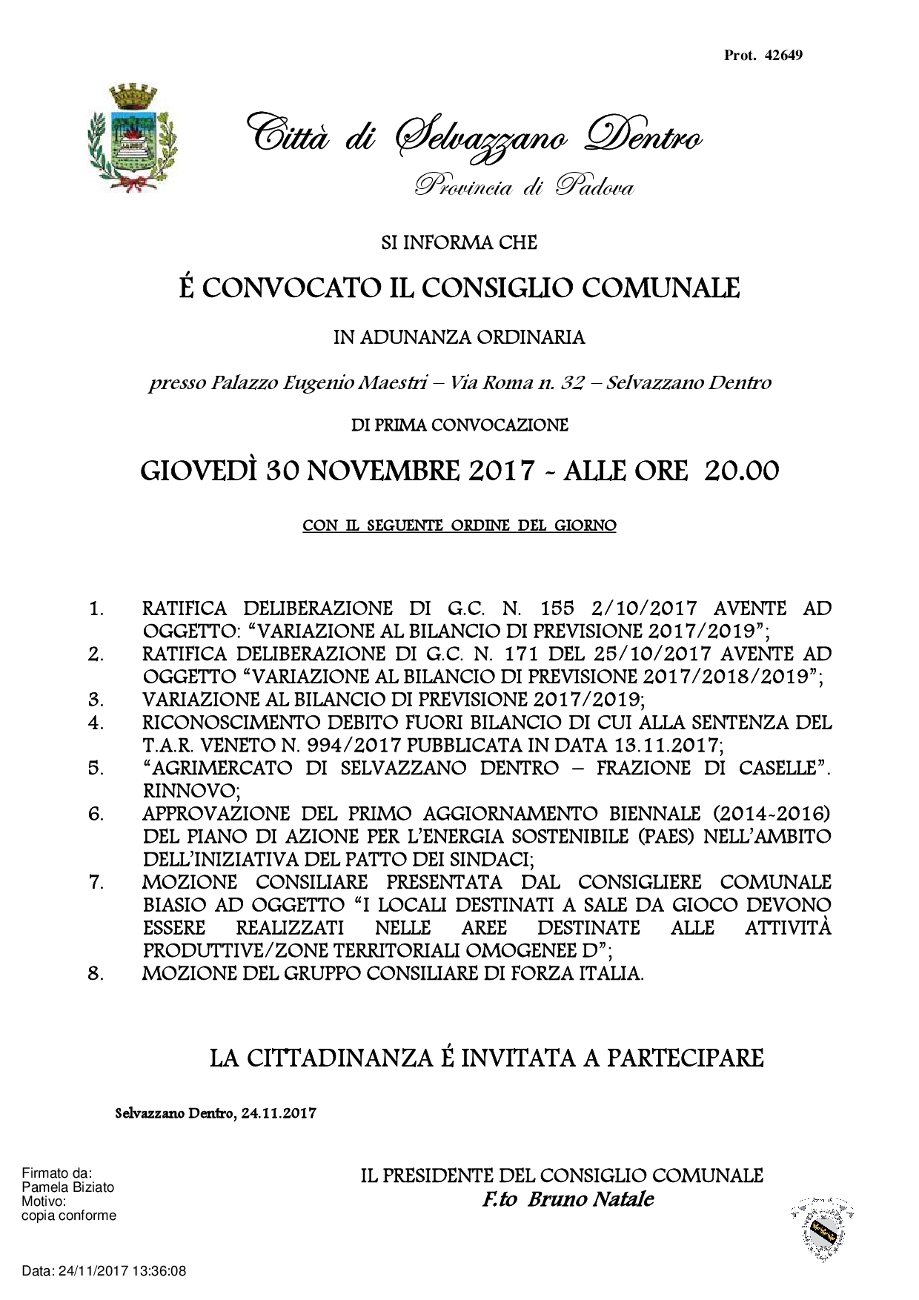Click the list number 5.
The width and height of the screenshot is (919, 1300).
click(96, 768)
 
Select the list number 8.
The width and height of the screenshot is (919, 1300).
click(96, 973)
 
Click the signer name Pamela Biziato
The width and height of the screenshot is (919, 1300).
click(68, 1187)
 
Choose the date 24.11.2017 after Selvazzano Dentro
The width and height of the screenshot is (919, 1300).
click(279, 1113)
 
